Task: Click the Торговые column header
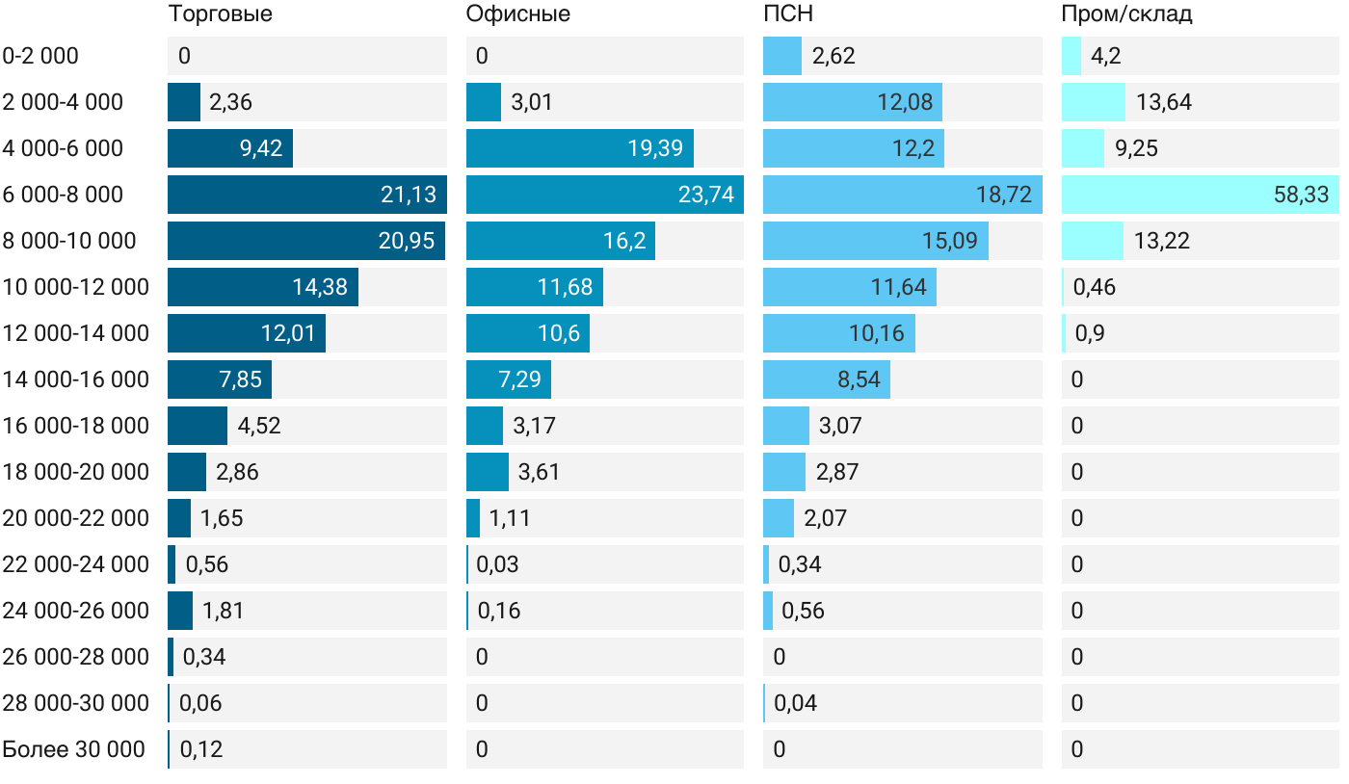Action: [220, 14]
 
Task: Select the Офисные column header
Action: [517, 14]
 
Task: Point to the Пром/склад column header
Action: [1126, 14]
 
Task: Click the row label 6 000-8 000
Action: [64, 195]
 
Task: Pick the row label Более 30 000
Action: [74, 749]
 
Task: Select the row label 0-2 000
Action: [40, 56]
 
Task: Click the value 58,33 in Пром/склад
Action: [1301, 195]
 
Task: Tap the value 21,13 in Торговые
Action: [408, 195]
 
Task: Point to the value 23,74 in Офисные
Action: [705, 195]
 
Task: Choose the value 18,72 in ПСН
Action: [1003, 195]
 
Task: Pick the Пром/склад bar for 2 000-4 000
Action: [1094, 102]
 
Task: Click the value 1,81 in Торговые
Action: [223, 611]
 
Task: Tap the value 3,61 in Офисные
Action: [539, 472]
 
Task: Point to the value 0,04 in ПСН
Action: [795, 703]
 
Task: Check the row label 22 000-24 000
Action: [76, 564]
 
